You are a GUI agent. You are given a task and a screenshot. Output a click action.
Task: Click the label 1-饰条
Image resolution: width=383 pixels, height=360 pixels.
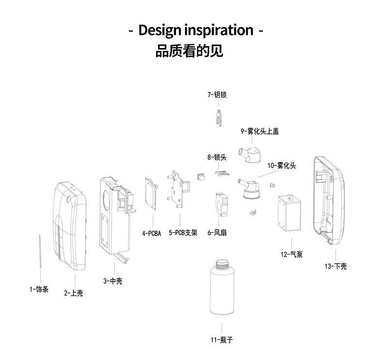pyautogui.click(x=39, y=290)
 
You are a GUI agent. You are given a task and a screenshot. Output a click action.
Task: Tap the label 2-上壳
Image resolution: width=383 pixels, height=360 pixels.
pyautogui.click(x=74, y=293)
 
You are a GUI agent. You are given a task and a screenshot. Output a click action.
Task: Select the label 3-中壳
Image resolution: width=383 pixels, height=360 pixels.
pyautogui.click(x=112, y=280)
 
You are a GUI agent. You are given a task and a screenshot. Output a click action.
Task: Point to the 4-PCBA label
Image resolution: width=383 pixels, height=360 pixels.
pyautogui.click(x=151, y=233)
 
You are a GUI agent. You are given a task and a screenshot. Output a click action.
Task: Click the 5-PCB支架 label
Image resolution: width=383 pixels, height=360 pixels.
pyautogui.click(x=183, y=233)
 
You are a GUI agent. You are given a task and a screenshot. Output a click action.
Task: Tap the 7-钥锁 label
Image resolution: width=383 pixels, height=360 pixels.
pyautogui.click(x=217, y=95)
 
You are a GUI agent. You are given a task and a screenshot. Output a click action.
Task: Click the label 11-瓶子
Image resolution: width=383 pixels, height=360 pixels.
pyautogui.click(x=222, y=340)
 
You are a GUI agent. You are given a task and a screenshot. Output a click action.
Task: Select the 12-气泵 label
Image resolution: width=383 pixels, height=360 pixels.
pyautogui.click(x=291, y=254)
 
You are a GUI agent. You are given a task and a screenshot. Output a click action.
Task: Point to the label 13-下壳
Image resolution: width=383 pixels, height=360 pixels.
pyautogui.click(x=335, y=266)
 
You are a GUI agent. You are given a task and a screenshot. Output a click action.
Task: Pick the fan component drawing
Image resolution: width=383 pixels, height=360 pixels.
pyautogui.click(x=220, y=204)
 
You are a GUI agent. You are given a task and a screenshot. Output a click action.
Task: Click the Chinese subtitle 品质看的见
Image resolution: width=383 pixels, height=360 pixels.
pyautogui.click(x=189, y=51)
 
